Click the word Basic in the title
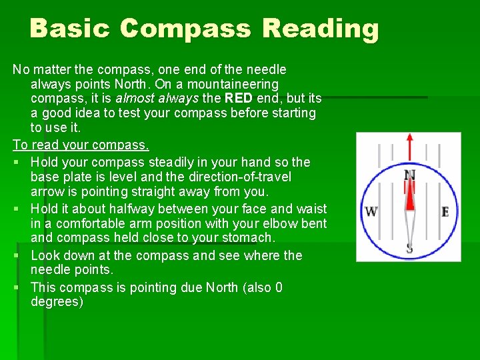[x=70, y=29]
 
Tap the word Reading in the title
[x=321, y=29]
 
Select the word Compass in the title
[x=187, y=29]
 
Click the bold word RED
[x=239, y=99]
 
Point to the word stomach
[x=249, y=238]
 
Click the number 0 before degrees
[x=278, y=287]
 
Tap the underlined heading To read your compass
[x=81, y=145]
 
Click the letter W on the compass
[x=371, y=211]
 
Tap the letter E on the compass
[x=445, y=211]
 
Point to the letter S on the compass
[x=409, y=249]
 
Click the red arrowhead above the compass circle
[x=409, y=138]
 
